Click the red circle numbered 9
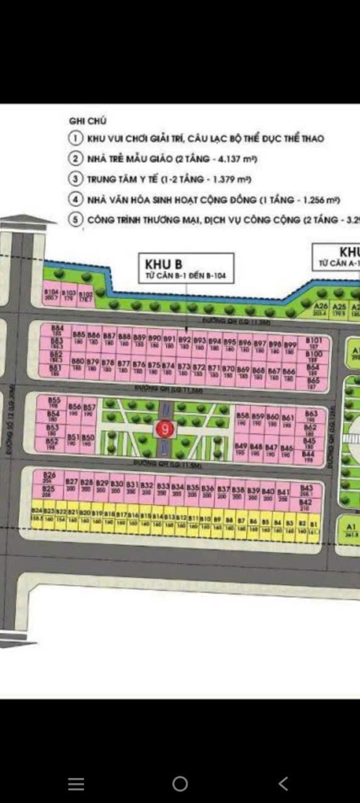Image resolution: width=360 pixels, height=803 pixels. (x=164, y=429)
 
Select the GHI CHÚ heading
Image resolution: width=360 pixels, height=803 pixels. (x=88, y=121)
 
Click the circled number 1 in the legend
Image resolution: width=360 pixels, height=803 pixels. (x=75, y=138)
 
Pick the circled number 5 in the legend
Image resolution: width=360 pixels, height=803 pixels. (x=75, y=220)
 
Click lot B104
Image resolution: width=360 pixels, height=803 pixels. (x=51, y=295)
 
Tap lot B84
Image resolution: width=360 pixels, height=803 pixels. (x=57, y=331)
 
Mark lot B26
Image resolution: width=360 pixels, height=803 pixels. (x=50, y=477)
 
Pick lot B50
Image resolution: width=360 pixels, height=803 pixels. (x=88, y=440)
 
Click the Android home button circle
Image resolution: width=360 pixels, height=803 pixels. (x=180, y=784)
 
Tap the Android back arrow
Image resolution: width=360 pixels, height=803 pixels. (x=283, y=784)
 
